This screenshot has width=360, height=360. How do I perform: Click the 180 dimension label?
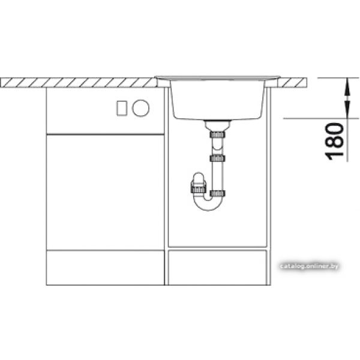(334, 142)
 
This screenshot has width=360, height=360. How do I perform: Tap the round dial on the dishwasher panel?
(140, 108)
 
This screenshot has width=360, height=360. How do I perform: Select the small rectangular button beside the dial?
(122, 108)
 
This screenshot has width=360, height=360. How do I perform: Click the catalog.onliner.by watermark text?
(309, 266)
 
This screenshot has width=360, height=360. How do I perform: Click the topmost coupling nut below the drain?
(217, 134)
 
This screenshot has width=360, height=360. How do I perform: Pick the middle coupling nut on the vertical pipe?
(217, 158)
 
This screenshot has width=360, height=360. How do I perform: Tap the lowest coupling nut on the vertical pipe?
(217, 194)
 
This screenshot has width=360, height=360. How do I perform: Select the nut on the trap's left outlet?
(199, 190)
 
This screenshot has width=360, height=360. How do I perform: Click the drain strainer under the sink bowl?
(217, 125)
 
